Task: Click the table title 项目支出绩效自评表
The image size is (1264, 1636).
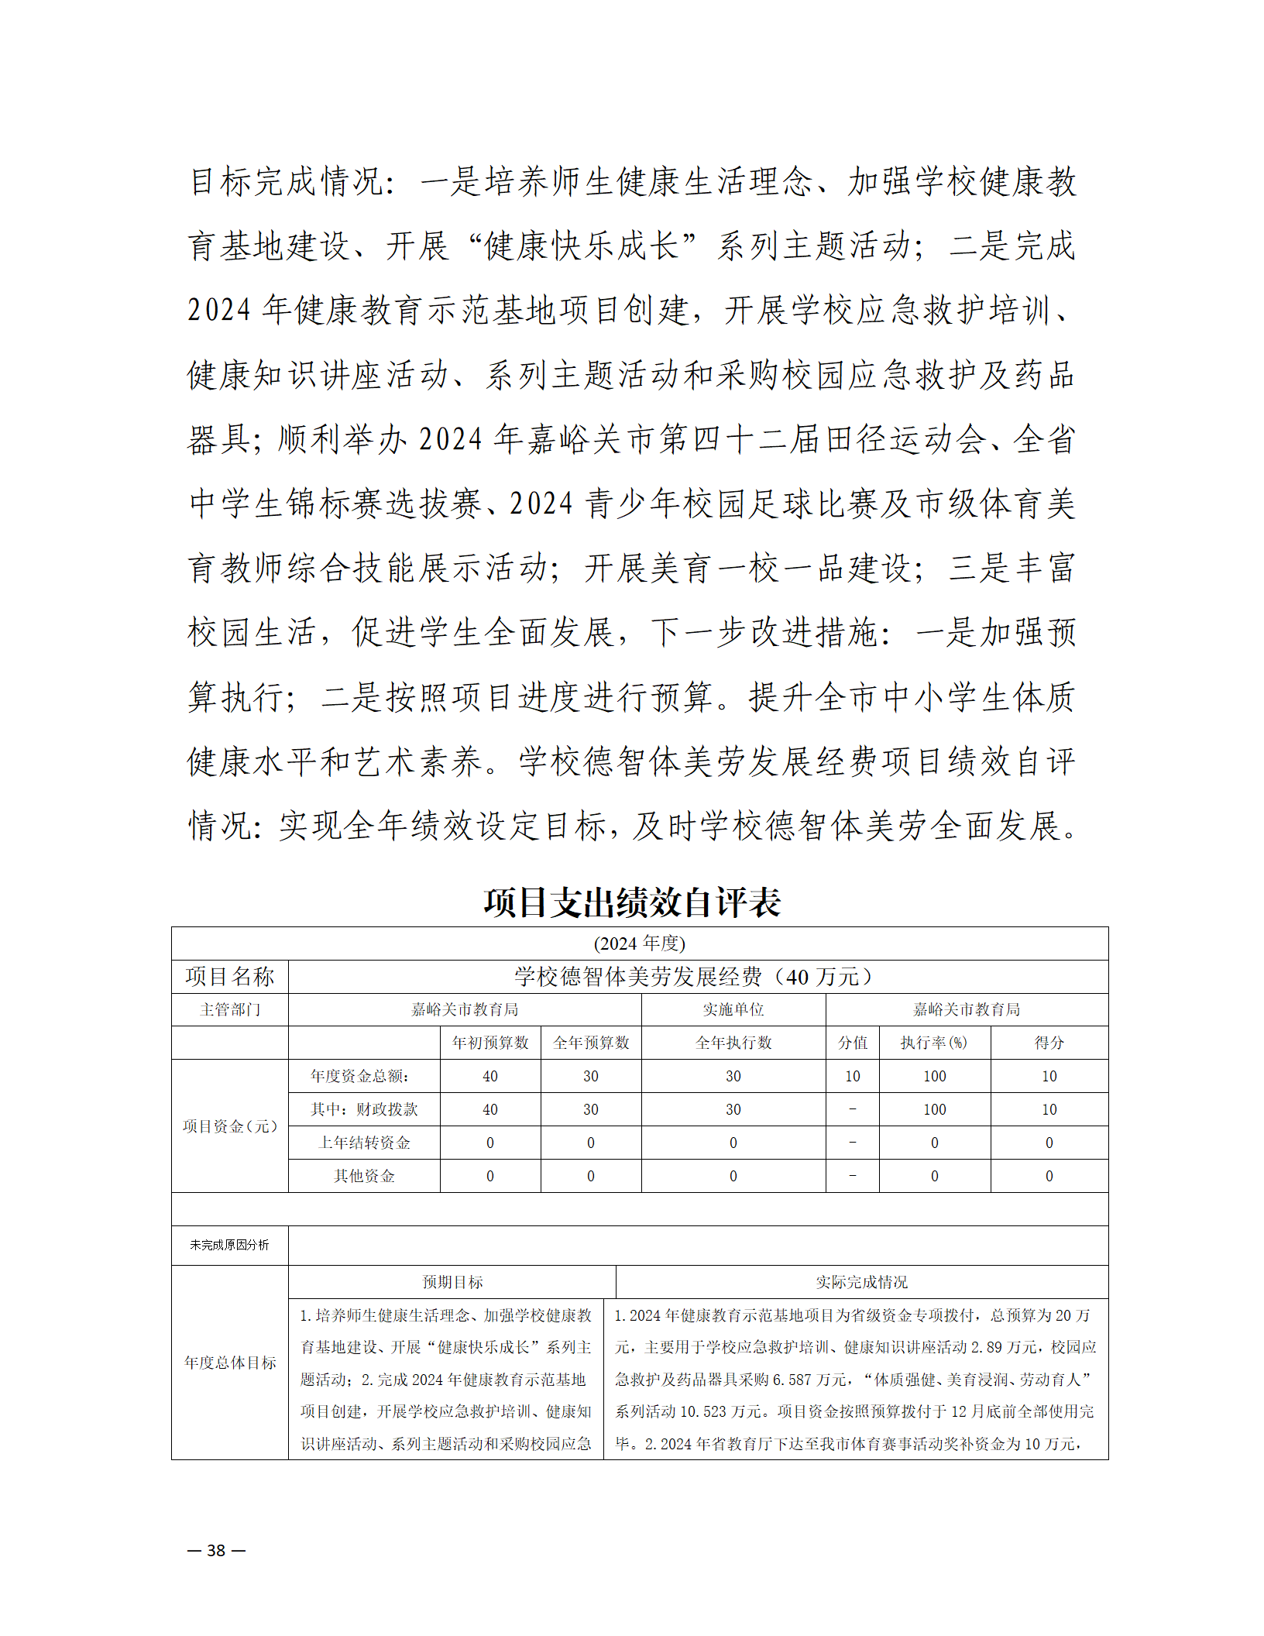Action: [631, 902]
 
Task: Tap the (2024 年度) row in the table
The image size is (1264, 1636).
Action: [639, 943]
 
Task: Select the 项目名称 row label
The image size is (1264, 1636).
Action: [229, 977]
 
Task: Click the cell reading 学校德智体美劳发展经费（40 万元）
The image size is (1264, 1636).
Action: [697, 977]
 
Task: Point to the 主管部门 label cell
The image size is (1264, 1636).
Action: [229, 1009]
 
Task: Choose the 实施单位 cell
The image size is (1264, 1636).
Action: [733, 1009]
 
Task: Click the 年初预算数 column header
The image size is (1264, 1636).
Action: [489, 1043]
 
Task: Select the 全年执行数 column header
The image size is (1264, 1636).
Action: [733, 1043]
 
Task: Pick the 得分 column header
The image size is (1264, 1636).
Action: [1049, 1043]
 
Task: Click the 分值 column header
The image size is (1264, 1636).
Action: [852, 1043]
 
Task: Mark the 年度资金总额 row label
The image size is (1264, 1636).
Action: [359, 1076]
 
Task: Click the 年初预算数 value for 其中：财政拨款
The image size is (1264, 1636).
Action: [489, 1109]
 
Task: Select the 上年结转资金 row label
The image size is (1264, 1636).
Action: [364, 1143]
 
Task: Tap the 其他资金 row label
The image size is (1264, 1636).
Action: [364, 1176]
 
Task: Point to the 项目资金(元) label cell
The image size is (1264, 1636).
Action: [229, 1126]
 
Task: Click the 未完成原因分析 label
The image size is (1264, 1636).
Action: [229, 1245]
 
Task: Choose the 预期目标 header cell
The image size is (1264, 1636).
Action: [452, 1282]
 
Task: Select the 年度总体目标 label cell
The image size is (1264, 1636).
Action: [229, 1363]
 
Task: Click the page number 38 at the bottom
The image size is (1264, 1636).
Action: [216, 1550]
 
